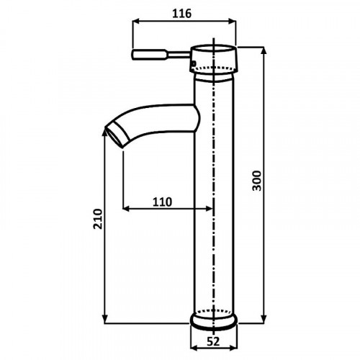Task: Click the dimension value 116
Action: tap(182, 14)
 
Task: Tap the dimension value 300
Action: tap(257, 181)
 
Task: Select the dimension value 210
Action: tap(98, 219)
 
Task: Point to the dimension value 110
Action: tap(163, 202)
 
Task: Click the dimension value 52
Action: tap(213, 341)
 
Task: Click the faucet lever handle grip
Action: tap(149, 54)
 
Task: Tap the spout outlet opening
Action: tap(114, 137)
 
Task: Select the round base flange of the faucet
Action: tap(214, 320)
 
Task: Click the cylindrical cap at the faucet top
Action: tap(214, 58)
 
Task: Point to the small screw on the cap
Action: tap(194, 63)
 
